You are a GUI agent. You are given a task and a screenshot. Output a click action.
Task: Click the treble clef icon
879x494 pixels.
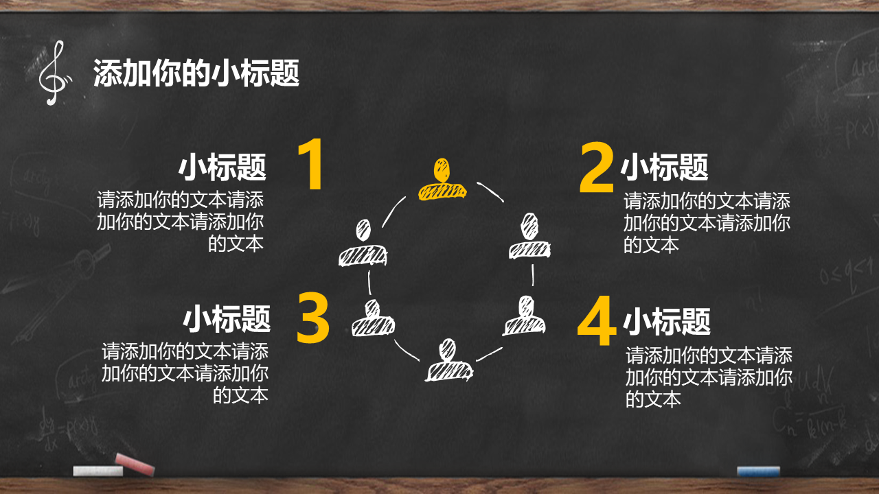(x=56, y=73)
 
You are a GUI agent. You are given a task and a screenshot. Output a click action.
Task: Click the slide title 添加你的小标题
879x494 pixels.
(x=196, y=73)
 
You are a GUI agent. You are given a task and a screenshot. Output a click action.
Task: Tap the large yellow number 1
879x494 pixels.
(x=311, y=164)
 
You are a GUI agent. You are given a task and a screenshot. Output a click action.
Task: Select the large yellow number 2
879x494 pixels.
(x=597, y=167)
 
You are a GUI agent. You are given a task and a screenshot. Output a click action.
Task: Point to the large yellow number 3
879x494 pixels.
(x=312, y=318)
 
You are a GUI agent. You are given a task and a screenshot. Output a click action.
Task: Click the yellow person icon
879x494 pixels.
(x=442, y=179)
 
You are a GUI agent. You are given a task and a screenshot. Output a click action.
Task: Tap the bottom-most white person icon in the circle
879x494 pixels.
(x=449, y=360)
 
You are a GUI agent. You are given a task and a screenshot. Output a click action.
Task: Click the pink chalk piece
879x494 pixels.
(x=135, y=464)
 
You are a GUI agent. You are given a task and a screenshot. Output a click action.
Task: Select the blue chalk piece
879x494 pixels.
(x=758, y=471)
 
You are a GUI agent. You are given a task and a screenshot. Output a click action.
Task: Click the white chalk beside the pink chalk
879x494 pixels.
(x=98, y=471)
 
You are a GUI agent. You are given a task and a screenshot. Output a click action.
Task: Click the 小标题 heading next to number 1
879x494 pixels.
(x=222, y=167)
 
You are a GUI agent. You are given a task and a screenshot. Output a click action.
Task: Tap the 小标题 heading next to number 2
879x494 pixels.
(x=664, y=167)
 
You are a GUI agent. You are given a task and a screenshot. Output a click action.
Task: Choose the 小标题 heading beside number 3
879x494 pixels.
(x=227, y=319)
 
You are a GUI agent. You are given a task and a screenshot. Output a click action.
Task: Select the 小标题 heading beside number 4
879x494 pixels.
(x=667, y=321)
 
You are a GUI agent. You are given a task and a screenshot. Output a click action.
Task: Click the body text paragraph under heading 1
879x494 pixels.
(x=180, y=222)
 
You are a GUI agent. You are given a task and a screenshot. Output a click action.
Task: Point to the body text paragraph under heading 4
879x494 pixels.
(x=709, y=377)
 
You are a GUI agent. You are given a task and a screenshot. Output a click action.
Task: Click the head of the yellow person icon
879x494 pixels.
(x=442, y=169)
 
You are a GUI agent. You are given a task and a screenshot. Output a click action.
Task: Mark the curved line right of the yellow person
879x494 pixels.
(x=490, y=191)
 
